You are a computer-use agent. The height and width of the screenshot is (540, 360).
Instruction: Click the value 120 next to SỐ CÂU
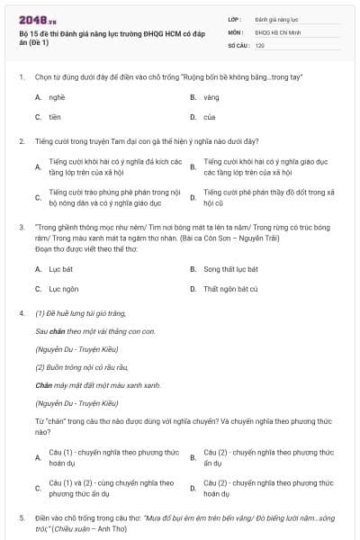260,45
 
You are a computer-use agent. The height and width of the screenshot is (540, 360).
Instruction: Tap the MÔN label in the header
236,31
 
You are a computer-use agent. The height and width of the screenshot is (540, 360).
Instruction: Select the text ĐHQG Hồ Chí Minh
276,31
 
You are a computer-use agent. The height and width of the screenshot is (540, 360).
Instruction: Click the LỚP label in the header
235,18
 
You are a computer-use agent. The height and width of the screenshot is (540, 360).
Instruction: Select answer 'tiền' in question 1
55,117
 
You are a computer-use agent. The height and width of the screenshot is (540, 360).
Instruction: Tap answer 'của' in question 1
210,117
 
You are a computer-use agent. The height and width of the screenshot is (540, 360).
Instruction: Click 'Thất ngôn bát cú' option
230,289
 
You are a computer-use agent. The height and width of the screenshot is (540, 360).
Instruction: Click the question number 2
22,141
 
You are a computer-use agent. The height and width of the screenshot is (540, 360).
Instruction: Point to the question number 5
22,518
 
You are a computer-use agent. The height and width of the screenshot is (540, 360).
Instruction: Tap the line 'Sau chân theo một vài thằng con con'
95,331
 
